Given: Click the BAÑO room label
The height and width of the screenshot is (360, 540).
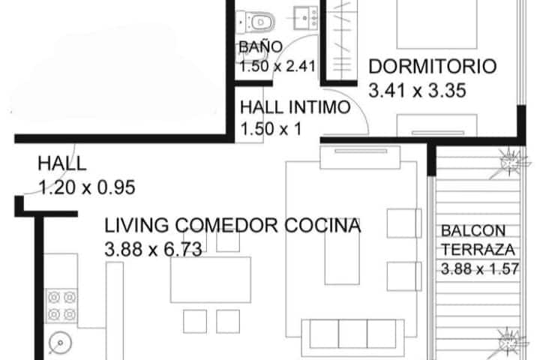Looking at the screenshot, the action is [261, 46].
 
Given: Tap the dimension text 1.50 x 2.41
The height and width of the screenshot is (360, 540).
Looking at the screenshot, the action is [277, 66].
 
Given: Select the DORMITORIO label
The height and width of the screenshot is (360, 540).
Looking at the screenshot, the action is [433, 67].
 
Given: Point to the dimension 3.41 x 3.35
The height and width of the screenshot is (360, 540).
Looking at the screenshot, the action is [418, 91].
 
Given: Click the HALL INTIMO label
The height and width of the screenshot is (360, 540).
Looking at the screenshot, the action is [295, 107].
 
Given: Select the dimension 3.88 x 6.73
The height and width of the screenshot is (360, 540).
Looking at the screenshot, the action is [153, 250].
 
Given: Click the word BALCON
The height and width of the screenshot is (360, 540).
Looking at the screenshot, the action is [473, 231].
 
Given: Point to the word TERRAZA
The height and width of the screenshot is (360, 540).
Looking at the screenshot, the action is [478, 250].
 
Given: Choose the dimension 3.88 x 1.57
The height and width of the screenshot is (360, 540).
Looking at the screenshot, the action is [480, 269].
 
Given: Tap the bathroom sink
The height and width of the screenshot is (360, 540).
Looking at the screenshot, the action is [306, 18].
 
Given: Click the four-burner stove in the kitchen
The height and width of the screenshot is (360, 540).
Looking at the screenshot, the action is [61, 305].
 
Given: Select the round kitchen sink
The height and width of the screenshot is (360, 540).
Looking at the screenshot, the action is [60, 343].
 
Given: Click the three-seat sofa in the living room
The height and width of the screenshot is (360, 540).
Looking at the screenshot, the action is [353, 337].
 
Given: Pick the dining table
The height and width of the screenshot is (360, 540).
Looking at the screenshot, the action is [211, 280].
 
